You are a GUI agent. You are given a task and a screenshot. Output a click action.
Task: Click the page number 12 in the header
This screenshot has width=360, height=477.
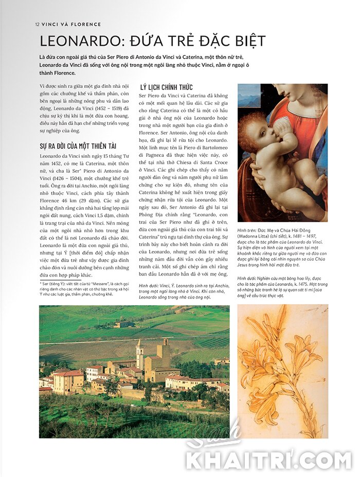click(38, 24)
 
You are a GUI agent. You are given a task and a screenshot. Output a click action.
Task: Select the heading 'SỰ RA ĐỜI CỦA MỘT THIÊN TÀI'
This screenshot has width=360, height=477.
click(78, 146)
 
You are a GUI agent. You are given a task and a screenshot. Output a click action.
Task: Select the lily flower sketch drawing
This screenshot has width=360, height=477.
click(282, 370)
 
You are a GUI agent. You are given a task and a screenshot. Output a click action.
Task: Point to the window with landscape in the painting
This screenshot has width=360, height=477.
click(249, 96)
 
